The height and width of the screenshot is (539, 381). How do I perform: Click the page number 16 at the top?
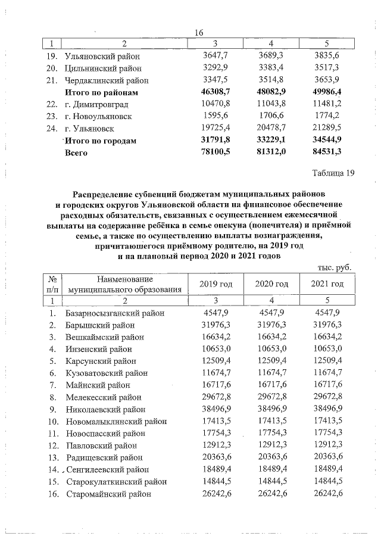click(x=199, y=33)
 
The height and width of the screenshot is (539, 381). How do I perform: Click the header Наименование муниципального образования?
click(x=124, y=284)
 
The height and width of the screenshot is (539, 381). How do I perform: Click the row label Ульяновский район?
click(x=103, y=57)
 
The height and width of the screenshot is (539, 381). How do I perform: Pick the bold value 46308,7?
click(x=213, y=92)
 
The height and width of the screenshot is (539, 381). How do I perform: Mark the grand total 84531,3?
click(x=325, y=152)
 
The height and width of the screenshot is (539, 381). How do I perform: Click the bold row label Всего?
click(x=76, y=153)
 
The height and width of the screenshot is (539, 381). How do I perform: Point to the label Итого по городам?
click(x=100, y=141)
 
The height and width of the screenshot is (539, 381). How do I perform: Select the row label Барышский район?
click(x=101, y=325)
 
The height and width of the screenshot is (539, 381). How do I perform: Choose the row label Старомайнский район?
click(x=108, y=494)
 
